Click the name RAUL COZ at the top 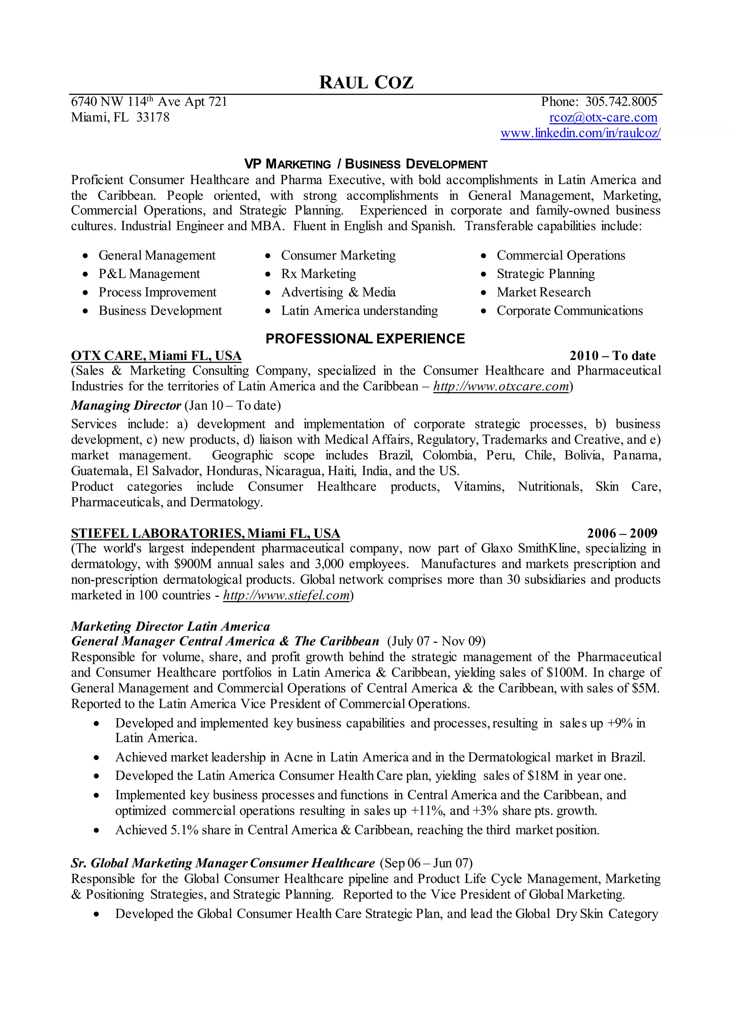click(x=365, y=83)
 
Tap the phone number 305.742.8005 click(x=621, y=102)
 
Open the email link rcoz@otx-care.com click(x=603, y=117)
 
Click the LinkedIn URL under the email click(x=580, y=133)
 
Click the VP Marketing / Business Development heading click(x=365, y=164)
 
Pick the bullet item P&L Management click(x=149, y=274)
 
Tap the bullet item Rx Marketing click(x=318, y=274)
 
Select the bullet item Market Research click(x=543, y=292)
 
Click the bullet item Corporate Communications click(x=569, y=311)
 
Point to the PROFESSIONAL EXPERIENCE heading click(x=365, y=339)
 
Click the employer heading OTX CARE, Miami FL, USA click(x=156, y=356)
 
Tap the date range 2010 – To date click(x=612, y=356)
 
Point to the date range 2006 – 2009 click(x=622, y=534)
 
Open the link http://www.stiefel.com click(x=286, y=595)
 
